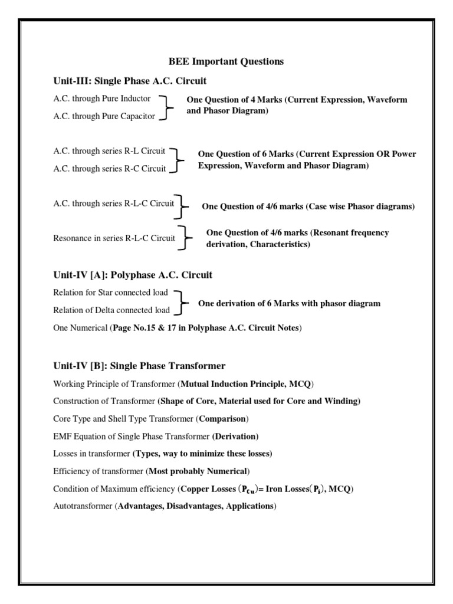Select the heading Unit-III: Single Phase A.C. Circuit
pyautogui.click(x=130, y=80)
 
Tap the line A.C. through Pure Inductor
pyautogui.click(x=102, y=99)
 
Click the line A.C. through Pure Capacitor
pyautogui.click(x=104, y=116)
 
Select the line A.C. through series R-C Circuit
pyautogui.click(x=110, y=169)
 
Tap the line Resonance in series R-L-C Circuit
pyautogui.click(x=114, y=238)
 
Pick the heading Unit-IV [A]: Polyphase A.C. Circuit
pyautogui.click(x=133, y=275)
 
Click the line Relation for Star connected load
pyautogui.click(x=110, y=292)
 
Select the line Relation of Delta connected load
pyautogui.click(x=111, y=310)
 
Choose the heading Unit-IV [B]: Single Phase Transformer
pyautogui.click(x=139, y=366)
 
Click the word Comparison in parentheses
pyautogui.click(x=223, y=419)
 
